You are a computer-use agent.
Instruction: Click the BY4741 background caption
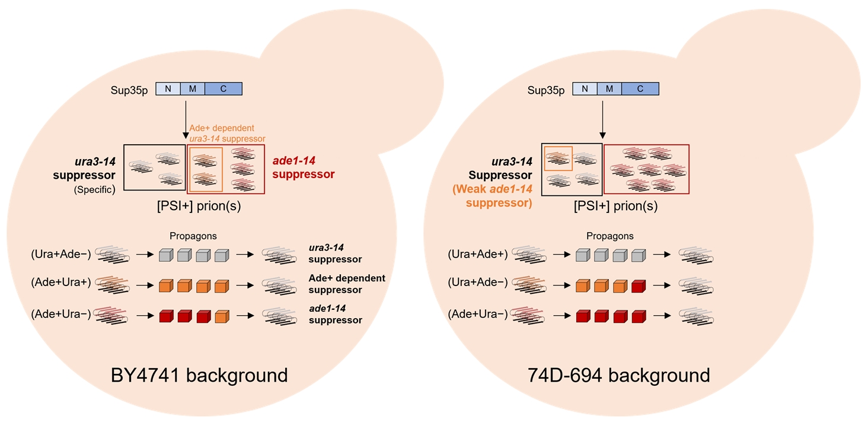tap(199, 375)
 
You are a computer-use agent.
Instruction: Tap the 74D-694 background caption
tap(618, 375)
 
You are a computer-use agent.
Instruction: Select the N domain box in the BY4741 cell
tap(168, 89)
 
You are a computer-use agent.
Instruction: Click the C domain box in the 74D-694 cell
tap(640, 89)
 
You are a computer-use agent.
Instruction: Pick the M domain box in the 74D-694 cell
tap(609, 89)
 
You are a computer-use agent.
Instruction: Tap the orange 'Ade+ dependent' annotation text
tap(222, 128)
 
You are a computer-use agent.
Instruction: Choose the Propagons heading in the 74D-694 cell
tap(609, 236)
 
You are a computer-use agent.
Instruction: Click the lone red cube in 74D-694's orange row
tap(638, 286)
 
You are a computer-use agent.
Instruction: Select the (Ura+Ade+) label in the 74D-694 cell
tap(478, 255)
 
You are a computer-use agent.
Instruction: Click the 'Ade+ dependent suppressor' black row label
tap(346, 284)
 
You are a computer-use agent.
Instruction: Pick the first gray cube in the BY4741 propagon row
tap(165, 256)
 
